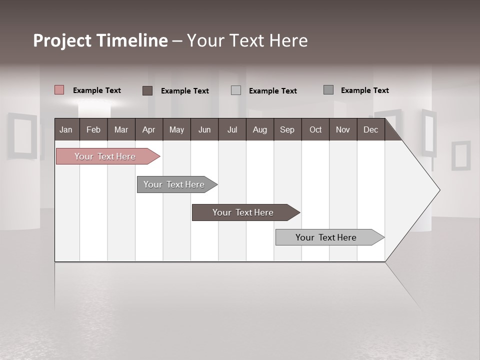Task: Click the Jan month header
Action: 66,129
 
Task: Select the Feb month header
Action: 93,129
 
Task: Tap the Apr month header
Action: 148,129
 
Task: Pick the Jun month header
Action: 204,129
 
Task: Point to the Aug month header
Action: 259,129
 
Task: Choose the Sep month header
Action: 287,129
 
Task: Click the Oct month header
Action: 315,129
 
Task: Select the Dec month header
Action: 370,129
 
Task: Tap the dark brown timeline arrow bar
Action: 243,212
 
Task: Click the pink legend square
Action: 59,90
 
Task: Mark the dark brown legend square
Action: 147,90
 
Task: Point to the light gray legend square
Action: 236,90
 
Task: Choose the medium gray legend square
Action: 328,90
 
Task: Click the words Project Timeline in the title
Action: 100,40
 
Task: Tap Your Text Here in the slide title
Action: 247,40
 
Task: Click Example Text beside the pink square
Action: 97,90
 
